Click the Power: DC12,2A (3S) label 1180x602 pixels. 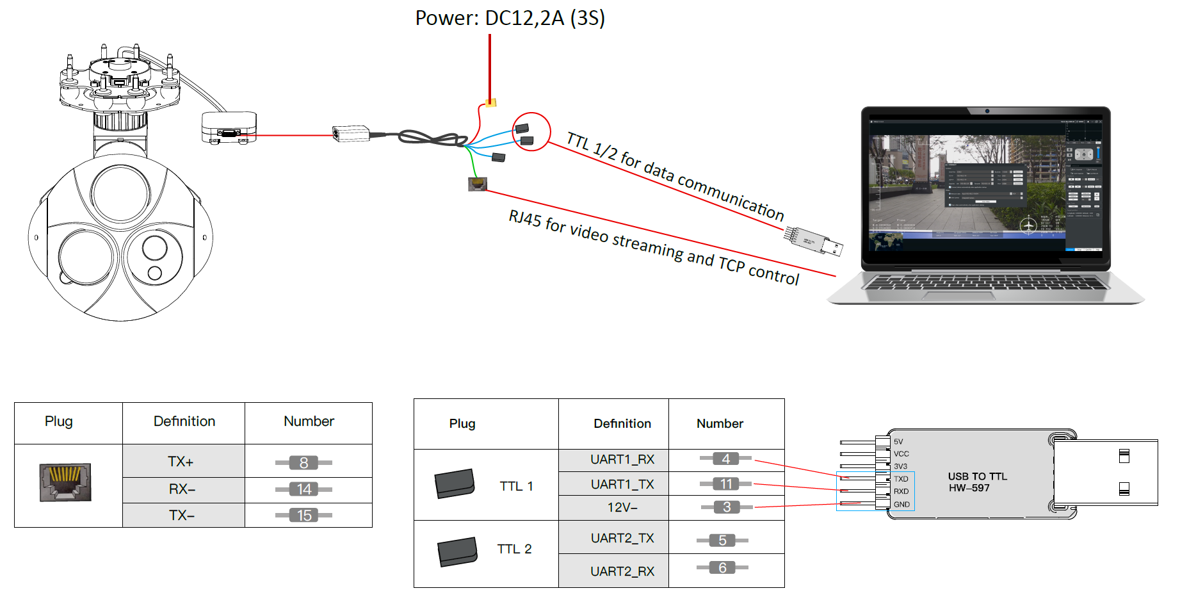(x=510, y=18)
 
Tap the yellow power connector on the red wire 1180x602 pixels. (x=490, y=102)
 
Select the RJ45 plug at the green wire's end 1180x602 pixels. (x=478, y=184)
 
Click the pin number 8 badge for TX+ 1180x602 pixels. (x=304, y=462)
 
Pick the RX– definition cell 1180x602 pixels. (x=183, y=489)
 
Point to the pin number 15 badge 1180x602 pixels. (x=304, y=516)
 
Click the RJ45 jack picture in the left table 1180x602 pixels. (x=65, y=482)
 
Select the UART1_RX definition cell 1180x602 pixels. (x=622, y=460)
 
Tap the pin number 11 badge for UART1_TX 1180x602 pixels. (x=726, y=484)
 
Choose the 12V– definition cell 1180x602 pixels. (x=622, y=507)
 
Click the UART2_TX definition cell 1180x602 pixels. (x=622, y=538)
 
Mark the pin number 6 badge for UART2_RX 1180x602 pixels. (x=722, y=568)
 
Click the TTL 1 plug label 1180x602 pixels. (x=516, y=486)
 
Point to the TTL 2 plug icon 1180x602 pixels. (x=457, y=551)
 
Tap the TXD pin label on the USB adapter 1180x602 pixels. (x=901, y=479)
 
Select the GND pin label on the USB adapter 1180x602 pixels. (x=901, y=505)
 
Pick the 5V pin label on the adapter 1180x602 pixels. (x=898, y=442)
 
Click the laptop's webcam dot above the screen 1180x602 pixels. (x=987, y=111)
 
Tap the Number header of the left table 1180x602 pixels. (x=309, y=421)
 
